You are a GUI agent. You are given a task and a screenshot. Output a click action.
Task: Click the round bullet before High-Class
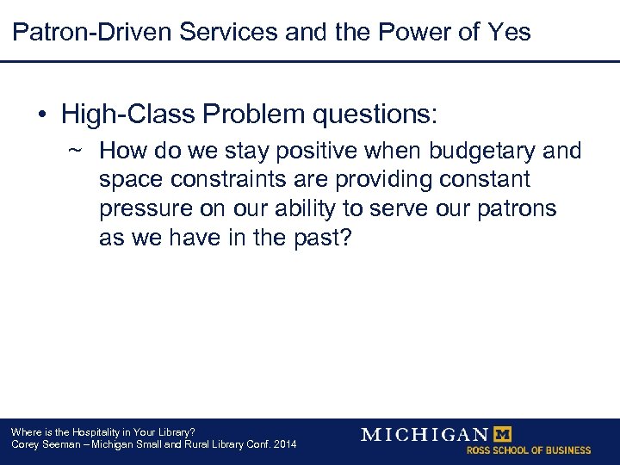coord(40,115)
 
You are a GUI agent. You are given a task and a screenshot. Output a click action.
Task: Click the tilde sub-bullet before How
coord(75,152)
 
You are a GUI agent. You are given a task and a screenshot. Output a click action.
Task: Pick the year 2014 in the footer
coord(282,444)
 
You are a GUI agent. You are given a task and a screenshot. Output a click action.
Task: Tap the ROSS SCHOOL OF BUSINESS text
coord(528,450)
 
